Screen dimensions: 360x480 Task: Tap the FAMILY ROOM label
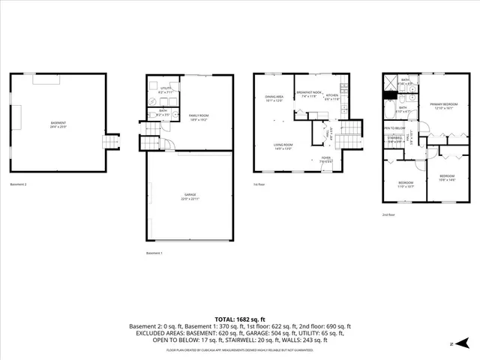199,117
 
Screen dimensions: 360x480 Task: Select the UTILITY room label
166,90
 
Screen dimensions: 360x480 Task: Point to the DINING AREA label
274,98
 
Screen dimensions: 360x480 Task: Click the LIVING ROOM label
283,147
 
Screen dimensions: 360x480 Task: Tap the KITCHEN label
332,97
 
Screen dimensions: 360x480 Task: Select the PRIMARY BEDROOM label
444,106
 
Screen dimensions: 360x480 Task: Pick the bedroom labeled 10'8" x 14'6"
447,178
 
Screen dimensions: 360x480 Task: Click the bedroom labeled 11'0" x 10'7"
406,184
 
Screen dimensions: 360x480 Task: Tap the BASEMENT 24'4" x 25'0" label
58,124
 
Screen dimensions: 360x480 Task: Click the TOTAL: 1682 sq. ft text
240,319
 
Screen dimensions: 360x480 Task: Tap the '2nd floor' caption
389,214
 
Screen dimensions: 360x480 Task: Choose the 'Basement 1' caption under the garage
154,253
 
